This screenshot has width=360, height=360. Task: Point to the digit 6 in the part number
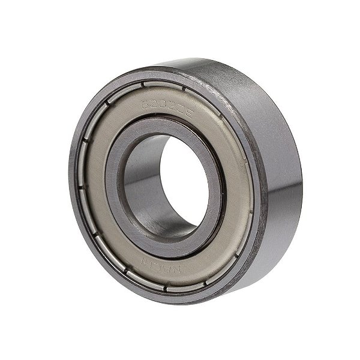[145, 102]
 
